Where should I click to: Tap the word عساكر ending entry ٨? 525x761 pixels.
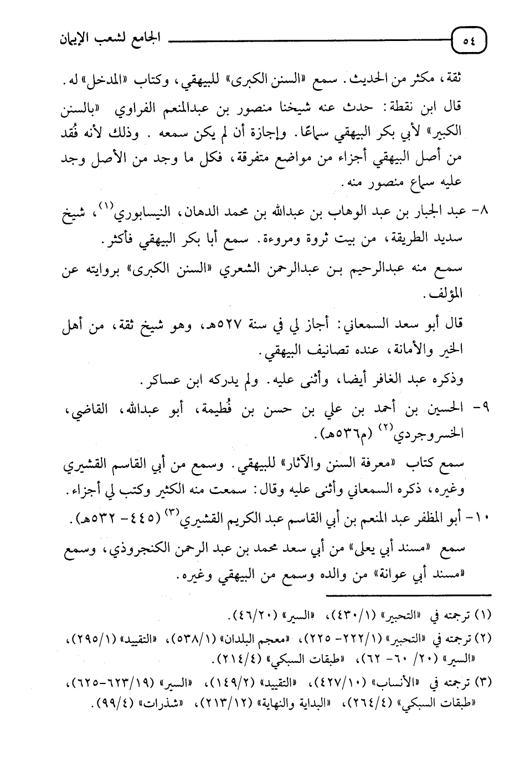[x=163, y=382]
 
